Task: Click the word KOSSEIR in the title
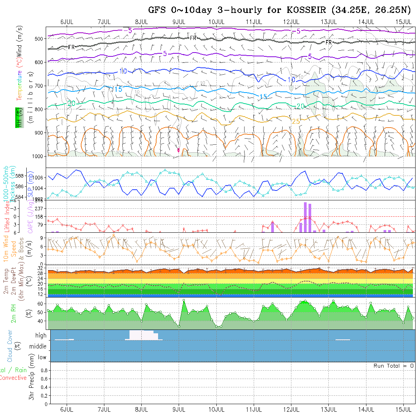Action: coord(305,10)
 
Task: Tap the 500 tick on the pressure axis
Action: coord(39,38)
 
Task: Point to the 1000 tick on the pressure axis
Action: coord(38,156)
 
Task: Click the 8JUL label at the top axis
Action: coord(141,21)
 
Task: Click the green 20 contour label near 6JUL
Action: coord(71,103)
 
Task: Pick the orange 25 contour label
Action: coord(296,121)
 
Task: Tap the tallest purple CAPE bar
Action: coord(305,217)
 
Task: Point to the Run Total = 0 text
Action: coord(393,366)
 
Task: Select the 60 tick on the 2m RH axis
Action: coord(39,304)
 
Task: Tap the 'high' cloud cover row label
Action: coord(41,336)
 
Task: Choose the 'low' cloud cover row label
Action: coord(42,357)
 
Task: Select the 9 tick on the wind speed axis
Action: coord(42,238)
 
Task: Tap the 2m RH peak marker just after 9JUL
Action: coord(184,300)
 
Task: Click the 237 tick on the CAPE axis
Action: coord(38,208)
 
